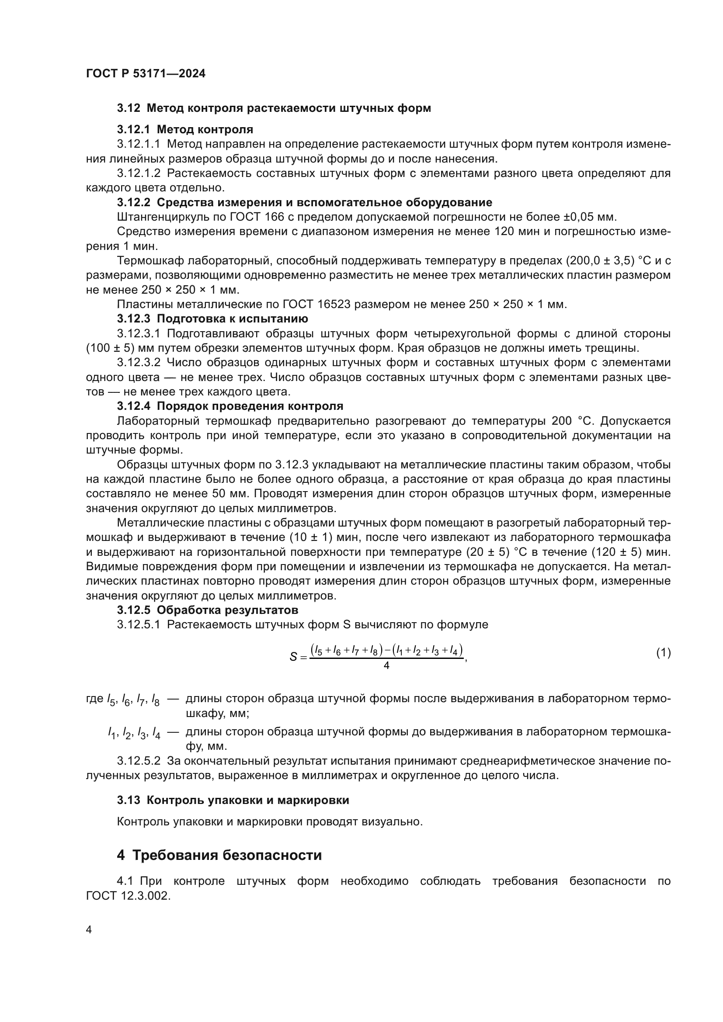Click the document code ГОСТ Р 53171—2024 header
point(146,74)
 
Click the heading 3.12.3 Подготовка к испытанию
point(212,319)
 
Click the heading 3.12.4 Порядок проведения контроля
point(230,406)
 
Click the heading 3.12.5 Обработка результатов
point(208,610)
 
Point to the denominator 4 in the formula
point(386,665)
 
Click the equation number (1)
point(664,653)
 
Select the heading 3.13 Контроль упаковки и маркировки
point(233,800)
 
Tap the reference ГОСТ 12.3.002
point(128,896)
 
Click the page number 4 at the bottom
point(89,930)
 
